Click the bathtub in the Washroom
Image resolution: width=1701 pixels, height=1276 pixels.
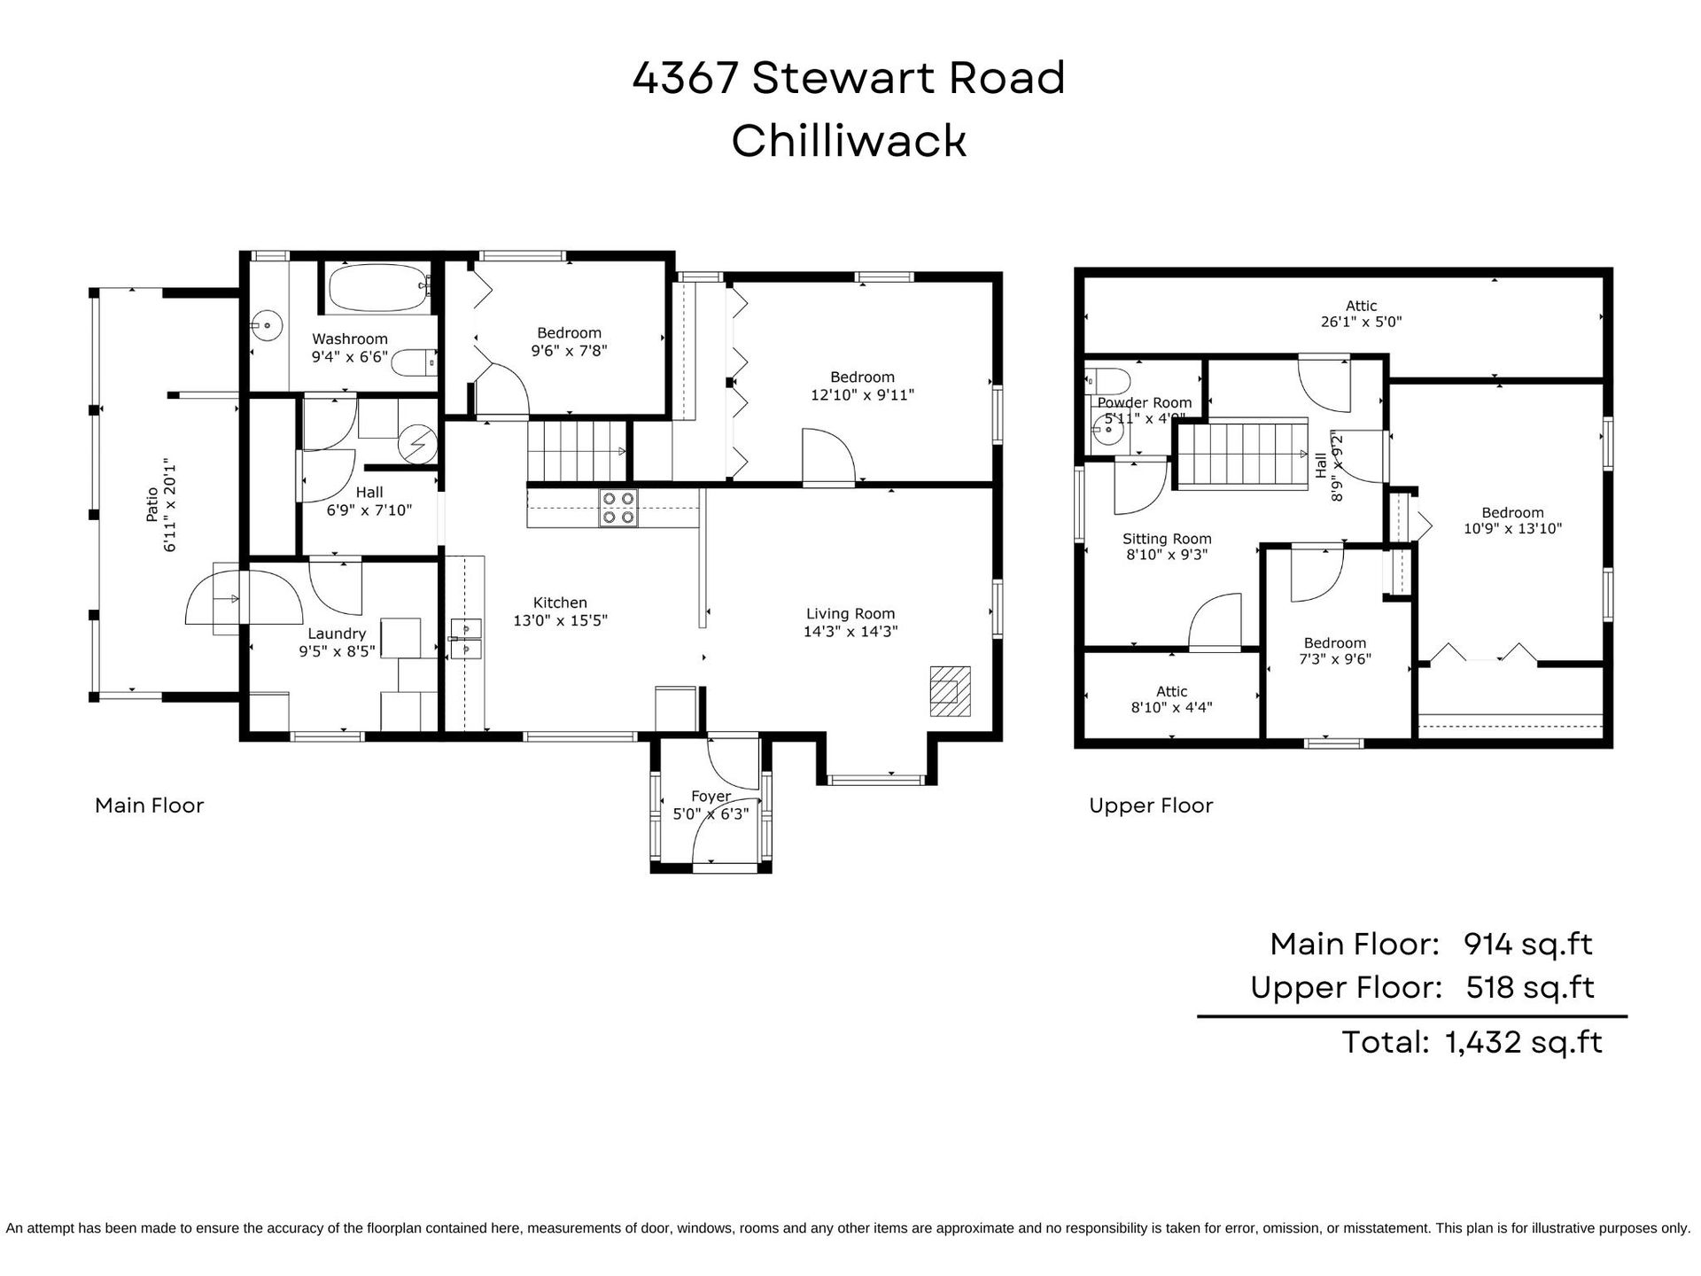pos(380,288)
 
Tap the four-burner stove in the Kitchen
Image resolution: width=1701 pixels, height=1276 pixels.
pos(618,509)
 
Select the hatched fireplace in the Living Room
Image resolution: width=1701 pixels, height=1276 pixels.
pos(950,691)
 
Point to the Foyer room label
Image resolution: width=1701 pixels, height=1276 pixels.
pos(711,797)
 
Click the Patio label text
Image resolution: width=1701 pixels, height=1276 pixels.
pos(152,503)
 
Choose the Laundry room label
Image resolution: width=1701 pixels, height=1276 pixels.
pos(337,634)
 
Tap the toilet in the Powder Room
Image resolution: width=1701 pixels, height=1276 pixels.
pos(1107,381)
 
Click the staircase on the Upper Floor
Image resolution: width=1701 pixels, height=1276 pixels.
pos(1242,455)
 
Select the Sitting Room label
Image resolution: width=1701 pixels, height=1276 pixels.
pos(1167,539)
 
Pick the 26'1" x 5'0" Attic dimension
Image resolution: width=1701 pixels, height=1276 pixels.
pos(1361,323)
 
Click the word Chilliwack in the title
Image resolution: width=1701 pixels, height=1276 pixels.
pos(849,140)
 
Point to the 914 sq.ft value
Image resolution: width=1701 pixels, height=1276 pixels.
pos(1528,945)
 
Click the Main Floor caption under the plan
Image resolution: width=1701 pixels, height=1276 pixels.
pos(150,805)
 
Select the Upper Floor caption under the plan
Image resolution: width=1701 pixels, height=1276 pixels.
pos(1151,805)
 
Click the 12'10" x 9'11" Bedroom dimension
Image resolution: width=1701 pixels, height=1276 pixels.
pos(862,395)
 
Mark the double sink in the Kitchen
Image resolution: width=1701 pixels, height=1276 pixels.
pos(465,639)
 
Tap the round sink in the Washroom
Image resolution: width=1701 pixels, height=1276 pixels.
pos(266,325)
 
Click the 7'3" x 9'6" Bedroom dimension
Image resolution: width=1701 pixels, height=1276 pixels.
pos(1334,659)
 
